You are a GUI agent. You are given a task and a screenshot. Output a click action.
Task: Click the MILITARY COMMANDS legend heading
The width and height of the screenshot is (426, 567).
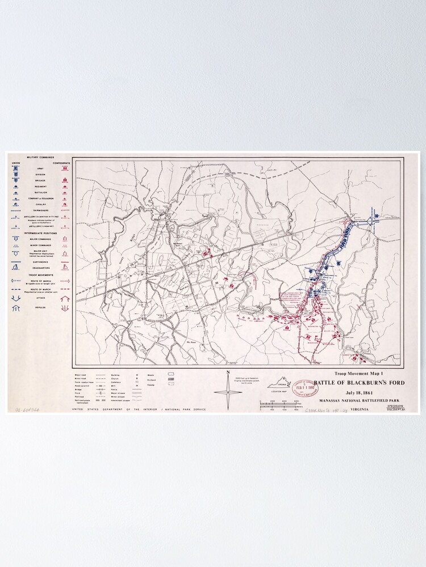pyautogui.click(x=40, y=157)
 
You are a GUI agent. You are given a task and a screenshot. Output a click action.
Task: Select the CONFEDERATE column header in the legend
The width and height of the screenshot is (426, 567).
pyautogui.click(x=61, y=163)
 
